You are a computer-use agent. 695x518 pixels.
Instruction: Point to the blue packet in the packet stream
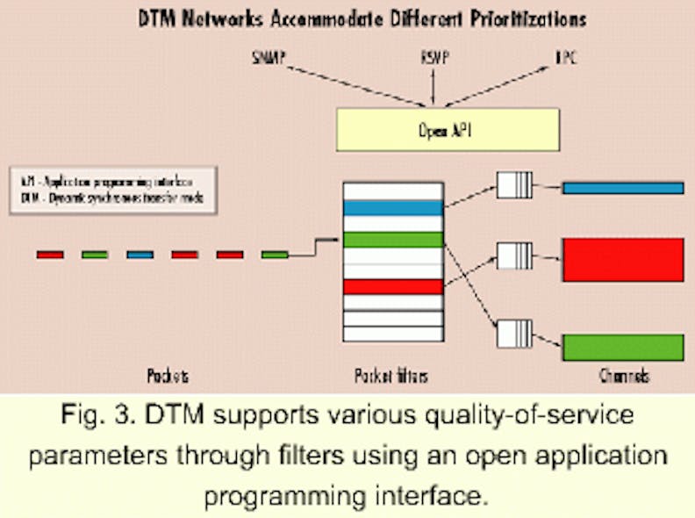click(x=140, y=255)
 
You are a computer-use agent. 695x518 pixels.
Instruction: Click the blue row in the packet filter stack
click(x=393, y=208)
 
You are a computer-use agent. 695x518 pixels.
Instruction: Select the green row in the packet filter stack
click(x=393, y=240)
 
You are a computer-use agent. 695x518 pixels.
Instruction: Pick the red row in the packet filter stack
click(x=393, y=286)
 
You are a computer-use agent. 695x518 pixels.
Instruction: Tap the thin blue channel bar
click(x=622, y=188)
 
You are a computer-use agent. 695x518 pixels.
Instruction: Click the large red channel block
click(x=622, y=260)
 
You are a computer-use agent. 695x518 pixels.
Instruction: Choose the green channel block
click(x=622, y=347)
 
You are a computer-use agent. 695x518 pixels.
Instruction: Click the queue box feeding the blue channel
click(x=514, y=186)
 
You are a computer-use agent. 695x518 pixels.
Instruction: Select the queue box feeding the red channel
click(x=514, y=257)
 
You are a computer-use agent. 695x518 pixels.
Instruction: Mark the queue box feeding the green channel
click(x=514, y=335)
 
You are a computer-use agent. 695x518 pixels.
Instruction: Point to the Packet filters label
click(x=391, y=376)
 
